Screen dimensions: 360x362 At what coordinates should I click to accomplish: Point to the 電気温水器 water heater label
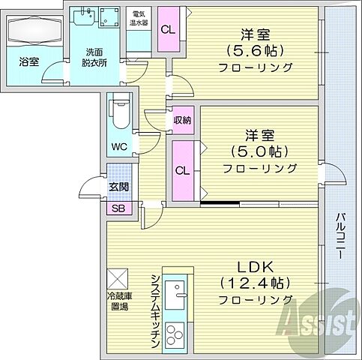coord(138,18)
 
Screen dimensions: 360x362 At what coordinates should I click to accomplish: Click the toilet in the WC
coord(117,115)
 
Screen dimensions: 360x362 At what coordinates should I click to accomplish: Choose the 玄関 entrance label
coord(118,187)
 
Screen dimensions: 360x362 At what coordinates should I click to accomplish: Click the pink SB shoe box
coord(118,208)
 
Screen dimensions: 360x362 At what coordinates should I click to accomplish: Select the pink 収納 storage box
coord(182,120)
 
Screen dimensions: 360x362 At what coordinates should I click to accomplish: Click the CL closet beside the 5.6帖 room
coord(169,30)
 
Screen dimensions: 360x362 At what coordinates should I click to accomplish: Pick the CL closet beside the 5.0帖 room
coord(182,169)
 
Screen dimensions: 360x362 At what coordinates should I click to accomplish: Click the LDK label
coord(255,266)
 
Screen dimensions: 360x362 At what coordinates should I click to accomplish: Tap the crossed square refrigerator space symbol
coord(118,277)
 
